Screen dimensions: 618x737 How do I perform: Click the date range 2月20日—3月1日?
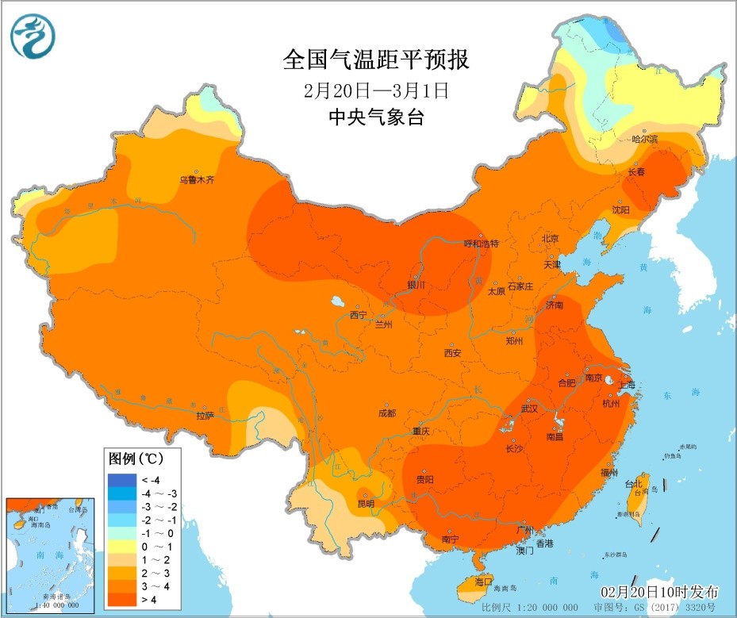coord(376,90)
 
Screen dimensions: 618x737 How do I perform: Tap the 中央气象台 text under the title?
coord(376,118)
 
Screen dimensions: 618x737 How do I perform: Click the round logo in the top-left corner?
coord(33,36)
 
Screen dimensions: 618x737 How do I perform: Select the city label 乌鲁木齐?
coord(196,180)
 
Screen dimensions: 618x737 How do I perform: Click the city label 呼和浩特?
coord(481,244)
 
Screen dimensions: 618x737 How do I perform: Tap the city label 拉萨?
coord(205,415)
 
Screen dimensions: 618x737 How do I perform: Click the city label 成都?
coord(386,413)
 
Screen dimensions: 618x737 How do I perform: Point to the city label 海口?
coord(483,582)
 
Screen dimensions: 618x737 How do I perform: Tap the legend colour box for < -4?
coord(123,479)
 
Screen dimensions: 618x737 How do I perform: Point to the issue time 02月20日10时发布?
coord(659,592)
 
